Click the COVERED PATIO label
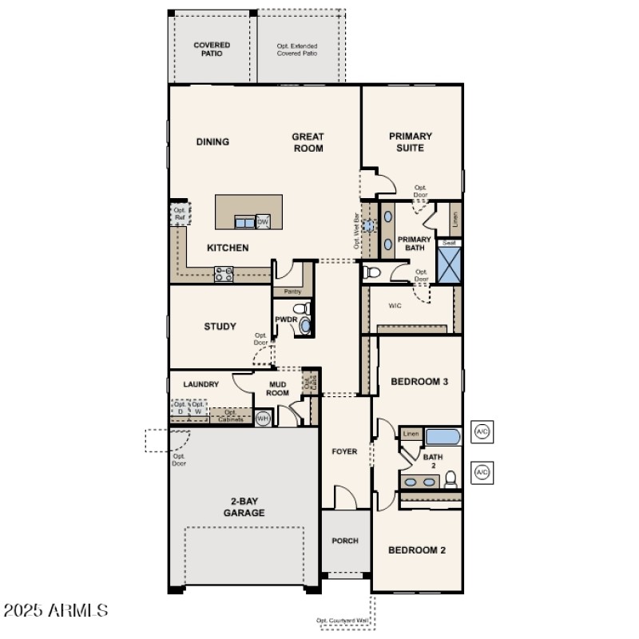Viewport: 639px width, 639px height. click(x=212, y=50)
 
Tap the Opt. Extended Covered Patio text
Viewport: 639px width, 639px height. click(x=297, y=50)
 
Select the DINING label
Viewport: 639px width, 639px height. click(x=212, y=142)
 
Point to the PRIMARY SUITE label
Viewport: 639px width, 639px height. click(x=411, y=142)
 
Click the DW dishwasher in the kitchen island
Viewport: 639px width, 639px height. click(x=263, y=221)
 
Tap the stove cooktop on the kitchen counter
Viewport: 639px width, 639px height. click(x=224, y=274)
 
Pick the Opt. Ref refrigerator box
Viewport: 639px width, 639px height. click(x=180, y=214)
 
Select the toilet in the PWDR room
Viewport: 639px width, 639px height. click(x=300, y=309)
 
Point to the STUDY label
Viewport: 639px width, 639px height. click(x=220, y=326)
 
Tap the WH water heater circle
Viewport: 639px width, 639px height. click(x=263, y=418)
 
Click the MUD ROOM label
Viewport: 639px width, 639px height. click(x=277, y=388)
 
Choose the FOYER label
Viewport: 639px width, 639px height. click(x=344, y=451)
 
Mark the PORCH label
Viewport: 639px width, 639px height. click(x=345, y=541)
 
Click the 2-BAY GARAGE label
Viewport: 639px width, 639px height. click(x=244, y=507)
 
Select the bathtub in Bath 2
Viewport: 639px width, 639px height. click(x=442, y=437)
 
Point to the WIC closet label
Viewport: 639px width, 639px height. click(x=395, y=305)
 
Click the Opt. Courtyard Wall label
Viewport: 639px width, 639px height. click(x=345, y=621)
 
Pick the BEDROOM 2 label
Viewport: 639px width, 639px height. click(x=416, y=550)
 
